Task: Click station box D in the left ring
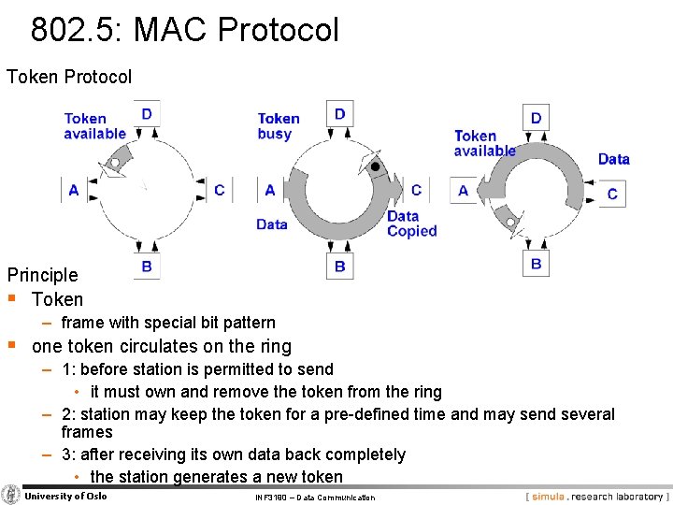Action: (147, 113)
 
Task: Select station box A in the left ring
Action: (74, 190)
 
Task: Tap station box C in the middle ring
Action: (416, 190)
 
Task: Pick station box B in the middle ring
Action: (339, 266)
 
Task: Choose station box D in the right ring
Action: (536, 118)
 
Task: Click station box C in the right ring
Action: (612, 194)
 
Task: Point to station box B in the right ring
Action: (536, 263)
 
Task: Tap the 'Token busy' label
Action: (279, 125)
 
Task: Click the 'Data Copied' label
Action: (412, 224)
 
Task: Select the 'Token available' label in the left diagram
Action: (93, 125)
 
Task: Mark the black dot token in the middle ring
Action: (376, 166)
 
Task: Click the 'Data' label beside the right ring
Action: (613, 159)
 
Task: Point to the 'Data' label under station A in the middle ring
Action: (271, 224)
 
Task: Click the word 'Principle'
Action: (43, 275)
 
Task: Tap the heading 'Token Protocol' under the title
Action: (69, 77)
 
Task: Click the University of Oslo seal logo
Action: (11, 495)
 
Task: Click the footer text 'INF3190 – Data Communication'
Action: (315, 498)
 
